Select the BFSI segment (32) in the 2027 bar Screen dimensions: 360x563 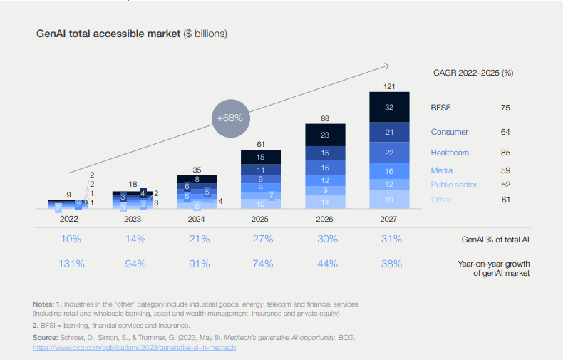coord(389,108)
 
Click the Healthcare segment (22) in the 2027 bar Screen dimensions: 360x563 coord(389,153)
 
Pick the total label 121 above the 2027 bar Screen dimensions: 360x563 coord(389,86)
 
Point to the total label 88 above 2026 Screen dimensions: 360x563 coord(325,118)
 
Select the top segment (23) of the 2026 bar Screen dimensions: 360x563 coord(325,135)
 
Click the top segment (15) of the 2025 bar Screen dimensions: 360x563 coord(261,158)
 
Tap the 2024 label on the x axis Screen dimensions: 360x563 coord(197,220)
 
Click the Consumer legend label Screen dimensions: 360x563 coord(450,132)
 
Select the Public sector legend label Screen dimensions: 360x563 coord(454,185)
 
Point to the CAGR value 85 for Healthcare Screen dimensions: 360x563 coord(506,153)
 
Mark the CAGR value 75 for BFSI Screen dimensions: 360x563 coord(506,108)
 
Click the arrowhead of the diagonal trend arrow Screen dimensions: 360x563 coord(385,66)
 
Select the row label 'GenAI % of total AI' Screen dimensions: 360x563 coord(495,240)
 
